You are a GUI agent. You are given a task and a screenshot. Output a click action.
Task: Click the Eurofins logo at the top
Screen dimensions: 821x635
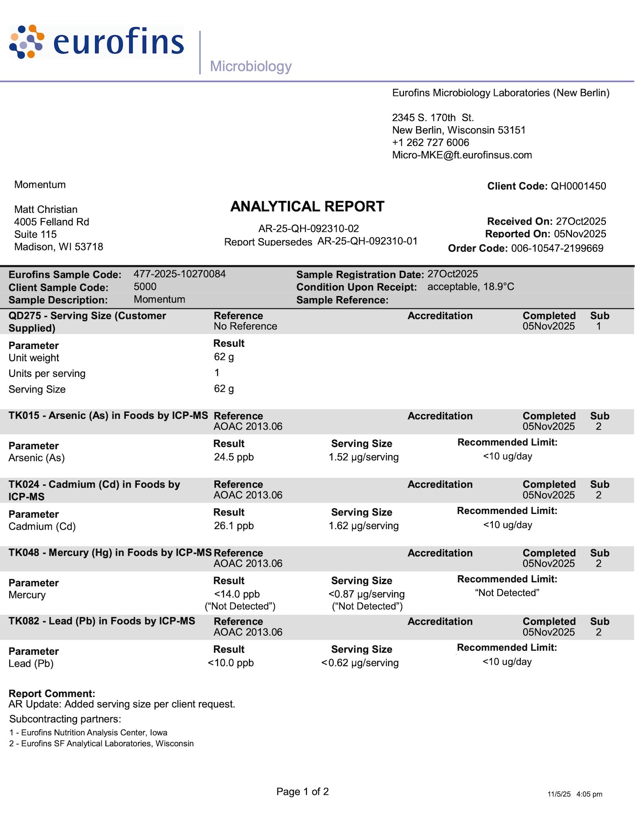[97, 41]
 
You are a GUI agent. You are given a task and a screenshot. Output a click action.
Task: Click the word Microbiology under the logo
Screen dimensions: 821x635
[251, 66]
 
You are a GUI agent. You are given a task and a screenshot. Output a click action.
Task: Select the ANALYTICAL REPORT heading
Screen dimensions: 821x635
[307, 206]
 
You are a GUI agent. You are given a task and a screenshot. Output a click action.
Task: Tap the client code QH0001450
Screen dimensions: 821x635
[578, 186]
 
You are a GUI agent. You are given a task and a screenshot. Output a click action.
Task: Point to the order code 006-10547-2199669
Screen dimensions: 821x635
[557, 248]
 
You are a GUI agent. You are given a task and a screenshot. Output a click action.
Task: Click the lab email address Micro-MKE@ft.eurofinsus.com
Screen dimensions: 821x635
[462, 155]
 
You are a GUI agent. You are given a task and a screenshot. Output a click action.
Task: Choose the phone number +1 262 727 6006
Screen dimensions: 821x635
[431, 143]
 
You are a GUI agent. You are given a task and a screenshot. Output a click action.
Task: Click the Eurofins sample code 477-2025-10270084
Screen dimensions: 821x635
[179, 274]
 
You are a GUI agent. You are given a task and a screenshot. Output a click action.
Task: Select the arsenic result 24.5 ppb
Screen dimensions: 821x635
[234, 457]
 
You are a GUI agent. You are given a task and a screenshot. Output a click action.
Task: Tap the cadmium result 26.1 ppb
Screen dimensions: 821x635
[234, 526]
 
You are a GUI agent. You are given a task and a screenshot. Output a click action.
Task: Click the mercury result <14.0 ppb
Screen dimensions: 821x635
[237, 594]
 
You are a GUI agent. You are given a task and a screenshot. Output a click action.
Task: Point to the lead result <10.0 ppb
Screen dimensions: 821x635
[231, 663]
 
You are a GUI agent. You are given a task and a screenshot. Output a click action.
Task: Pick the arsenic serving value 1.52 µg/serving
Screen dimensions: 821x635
[364, 457]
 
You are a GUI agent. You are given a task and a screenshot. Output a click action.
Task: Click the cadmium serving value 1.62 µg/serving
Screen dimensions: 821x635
[364, 526]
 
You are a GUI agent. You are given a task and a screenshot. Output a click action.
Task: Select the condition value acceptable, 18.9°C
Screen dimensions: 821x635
[471, 287]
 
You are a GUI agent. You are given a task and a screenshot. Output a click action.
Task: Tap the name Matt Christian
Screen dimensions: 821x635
[46, 209]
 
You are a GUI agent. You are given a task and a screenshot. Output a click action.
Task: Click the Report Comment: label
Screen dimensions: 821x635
[52, 694]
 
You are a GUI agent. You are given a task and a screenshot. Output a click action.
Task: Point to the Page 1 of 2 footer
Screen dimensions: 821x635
[302, 792]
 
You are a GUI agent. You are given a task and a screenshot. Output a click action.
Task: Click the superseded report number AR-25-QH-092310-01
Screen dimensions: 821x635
[367, 241]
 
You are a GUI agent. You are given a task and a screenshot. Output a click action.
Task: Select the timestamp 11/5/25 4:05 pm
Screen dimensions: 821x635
[574, 794]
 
